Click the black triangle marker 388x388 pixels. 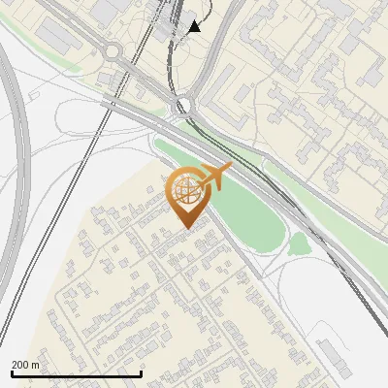click(x=195, y=26)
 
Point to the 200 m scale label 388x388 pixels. click(x=25, y=365)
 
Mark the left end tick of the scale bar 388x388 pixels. click(x=11, y=373)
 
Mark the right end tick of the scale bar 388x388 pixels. click(x=142, y=373)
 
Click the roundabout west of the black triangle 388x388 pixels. click(x=114, y=51)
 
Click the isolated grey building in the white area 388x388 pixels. click(x=335, y=355)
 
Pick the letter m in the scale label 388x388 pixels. click(x=35, y=365)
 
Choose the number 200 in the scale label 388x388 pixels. click(x=20, y=365)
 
